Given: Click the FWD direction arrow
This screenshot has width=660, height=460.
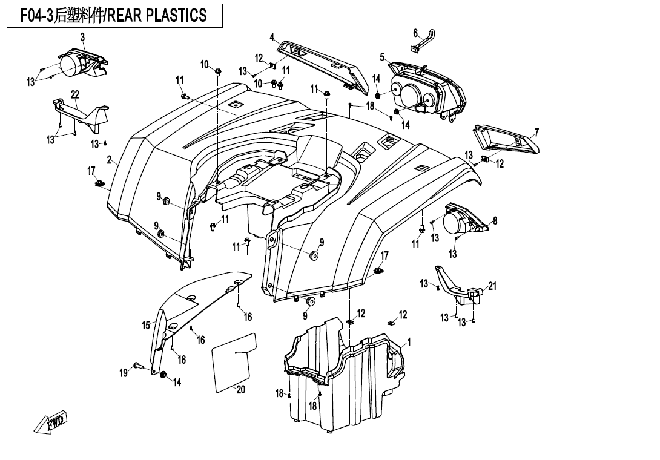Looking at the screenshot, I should pos(51,421).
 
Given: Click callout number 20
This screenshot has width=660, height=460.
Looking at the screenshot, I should pos(240,390).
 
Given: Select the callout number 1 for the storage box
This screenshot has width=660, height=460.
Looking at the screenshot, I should pos(409,342).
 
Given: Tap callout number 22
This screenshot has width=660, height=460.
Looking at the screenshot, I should pos(75,94).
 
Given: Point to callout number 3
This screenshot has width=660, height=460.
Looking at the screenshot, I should pos(82,38).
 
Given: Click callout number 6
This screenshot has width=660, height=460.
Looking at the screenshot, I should pos(415,33).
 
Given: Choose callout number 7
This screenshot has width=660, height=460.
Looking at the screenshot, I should pos(536,133).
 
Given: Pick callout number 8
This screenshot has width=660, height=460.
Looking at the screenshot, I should pos(495,221).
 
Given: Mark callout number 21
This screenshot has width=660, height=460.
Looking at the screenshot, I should pos(492,286).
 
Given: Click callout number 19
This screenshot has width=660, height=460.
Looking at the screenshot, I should pos(124,373).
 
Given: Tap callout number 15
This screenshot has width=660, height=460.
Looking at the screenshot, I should pos(146,326).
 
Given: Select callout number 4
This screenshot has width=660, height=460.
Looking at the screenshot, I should pos(272,36).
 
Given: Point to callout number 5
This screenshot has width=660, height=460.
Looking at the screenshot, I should pos(382,57).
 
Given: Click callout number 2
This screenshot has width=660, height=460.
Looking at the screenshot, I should pos(110,160).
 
